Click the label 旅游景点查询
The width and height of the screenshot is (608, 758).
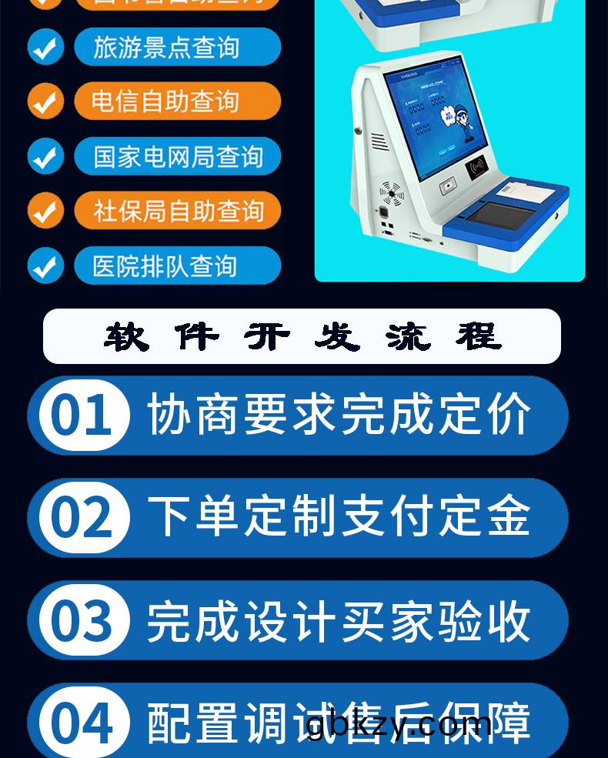coord(177,48)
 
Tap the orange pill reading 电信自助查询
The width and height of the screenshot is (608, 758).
coord(177,102)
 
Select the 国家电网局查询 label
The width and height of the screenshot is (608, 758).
coord(177,157)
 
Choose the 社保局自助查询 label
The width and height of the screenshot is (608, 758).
coord(177,211)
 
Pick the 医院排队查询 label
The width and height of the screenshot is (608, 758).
coord(177,266)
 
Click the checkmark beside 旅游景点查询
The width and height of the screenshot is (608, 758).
coord(45,48)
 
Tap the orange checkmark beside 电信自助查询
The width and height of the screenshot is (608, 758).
coord(45,102)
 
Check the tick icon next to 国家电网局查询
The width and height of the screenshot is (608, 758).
coord(45,157)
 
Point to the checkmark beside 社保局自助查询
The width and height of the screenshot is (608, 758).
coord(45,211)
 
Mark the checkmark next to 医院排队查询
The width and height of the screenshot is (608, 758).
coord(45,266)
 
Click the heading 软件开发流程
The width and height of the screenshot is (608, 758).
coord(302,336)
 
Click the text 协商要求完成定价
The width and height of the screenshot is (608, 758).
coord(339,416)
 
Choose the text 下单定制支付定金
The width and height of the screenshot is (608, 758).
coord(339,517)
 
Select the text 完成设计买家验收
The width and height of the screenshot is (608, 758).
coord(339,620)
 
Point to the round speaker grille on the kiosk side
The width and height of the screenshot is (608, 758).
coord(391,194)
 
